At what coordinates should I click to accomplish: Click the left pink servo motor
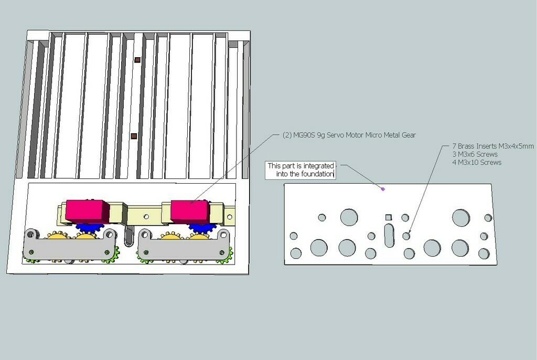coord(88,210)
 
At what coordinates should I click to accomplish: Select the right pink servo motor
coord(190,210)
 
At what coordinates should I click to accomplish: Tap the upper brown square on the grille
coord(137,60)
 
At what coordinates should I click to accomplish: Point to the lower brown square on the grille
coord(134,136)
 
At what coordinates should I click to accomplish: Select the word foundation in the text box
coord(317,174)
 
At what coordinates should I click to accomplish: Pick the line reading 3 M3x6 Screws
coord(475,154)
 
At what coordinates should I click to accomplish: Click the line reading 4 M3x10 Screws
coord(477,163)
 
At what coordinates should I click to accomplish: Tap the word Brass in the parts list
coord(466,146)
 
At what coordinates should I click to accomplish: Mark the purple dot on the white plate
coord(383,189)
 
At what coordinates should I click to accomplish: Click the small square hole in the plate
coord(389,217)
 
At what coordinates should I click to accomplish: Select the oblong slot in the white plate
coord(389,235)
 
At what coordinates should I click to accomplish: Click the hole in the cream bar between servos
coord(146,217)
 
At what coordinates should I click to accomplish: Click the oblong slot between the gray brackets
coord(128,236)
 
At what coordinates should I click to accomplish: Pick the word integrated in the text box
coord(318,166)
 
